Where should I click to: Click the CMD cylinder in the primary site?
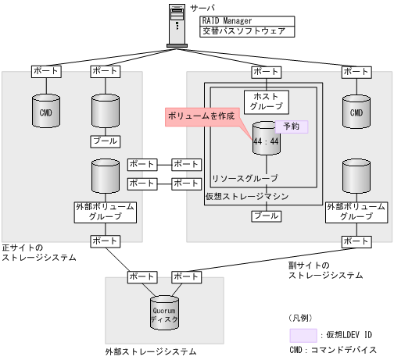(45, 112)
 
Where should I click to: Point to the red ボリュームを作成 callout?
(202, 116)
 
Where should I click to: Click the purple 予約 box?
(291, 126)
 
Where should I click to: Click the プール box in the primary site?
(105, 141)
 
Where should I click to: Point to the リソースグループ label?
(245, 178)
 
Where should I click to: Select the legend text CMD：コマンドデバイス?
(331, 350)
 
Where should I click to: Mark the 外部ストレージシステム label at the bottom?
(150, 352)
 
